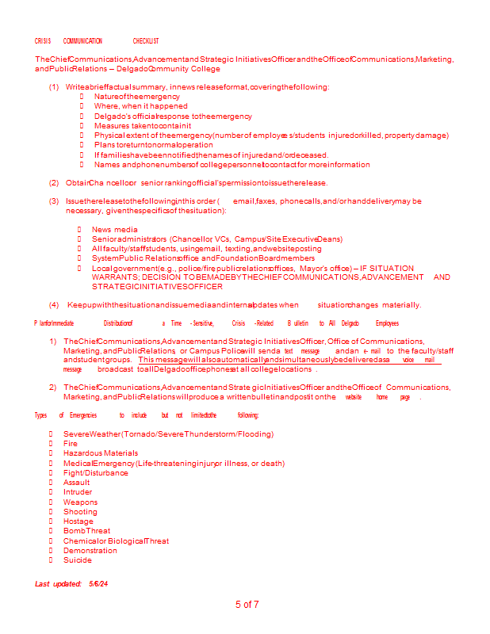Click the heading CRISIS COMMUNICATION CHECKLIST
(x=97, y=41)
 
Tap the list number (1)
(x=54, y=87)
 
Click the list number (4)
(x=54, y=305)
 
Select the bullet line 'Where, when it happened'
(x=130, y=106)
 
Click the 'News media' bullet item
(x=115, y=230)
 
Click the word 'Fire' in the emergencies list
(x=71, y=444)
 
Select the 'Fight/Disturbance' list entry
(x=95, y=473)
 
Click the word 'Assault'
(x=77, y=483)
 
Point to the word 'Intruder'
(x=77, y=492)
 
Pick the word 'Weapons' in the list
(x=81, y=502)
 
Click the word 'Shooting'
(x=81, y=512)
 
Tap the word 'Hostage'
(x=78, y=521)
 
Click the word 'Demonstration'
(x=90, y=551)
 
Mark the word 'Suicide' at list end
(x=78, y=560)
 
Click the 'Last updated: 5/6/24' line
(x=71, y=584)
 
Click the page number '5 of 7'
(x=247, y=605)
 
